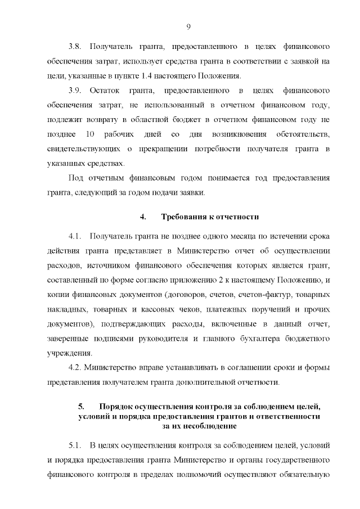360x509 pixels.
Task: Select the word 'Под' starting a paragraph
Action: tap(74, 178)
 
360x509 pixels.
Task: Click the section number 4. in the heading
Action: tap(143, 217)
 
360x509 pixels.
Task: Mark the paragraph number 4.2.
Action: tap(75, 368)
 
